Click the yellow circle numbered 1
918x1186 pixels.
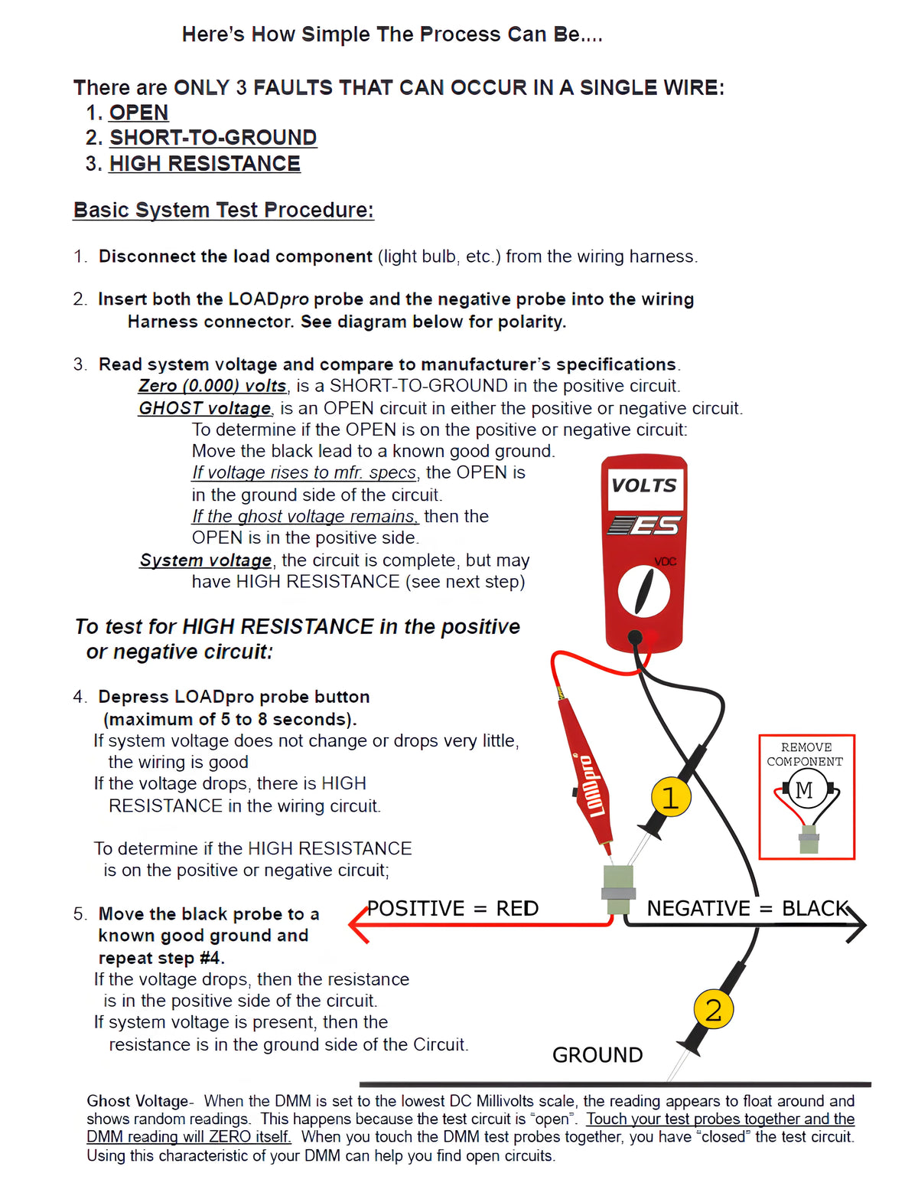tap(671, 797)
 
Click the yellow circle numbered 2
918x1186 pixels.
tap(713, 1009)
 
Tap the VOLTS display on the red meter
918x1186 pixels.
tap(644, 486)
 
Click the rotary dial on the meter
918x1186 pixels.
tap(643, 592)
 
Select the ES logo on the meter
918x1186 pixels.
tap(644, 526)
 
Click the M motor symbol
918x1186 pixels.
tap(804, 789)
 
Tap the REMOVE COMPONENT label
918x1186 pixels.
tap(805, 754)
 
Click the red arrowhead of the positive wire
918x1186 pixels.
tap(360, 925)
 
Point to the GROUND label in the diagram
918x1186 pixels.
tap(597, 1055)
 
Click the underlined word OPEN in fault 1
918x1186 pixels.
tap(138, 113)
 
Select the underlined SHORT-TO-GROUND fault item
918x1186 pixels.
tap(213, 138)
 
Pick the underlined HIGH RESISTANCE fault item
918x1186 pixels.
tap(204, 164)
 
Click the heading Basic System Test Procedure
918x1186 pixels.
tap(223, 210)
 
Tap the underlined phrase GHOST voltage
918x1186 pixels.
tap(204, 408)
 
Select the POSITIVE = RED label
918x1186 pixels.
tap(453, 908)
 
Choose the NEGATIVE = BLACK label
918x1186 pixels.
tap(747, 908)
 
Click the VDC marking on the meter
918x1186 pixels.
tap(666, 561)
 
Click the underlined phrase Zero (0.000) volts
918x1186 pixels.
tap(213, 386)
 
